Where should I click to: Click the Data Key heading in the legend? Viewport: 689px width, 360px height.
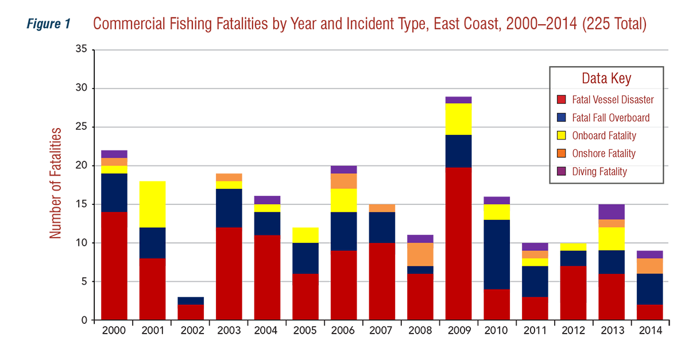point(606,79)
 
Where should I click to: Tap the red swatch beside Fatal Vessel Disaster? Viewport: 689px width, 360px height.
point(562,99)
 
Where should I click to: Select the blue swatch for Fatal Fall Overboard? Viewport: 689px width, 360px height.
point(562,118)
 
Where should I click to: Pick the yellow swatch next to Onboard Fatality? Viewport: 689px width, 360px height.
point(562,136)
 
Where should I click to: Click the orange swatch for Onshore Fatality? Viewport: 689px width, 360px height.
point(562,153)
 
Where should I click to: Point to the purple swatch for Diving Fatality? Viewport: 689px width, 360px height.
point(562,171)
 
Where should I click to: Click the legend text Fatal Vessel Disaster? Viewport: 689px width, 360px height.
point(613,99)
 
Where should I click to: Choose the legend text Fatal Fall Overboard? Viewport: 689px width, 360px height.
point(611,118)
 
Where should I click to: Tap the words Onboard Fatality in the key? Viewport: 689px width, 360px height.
point(604,136)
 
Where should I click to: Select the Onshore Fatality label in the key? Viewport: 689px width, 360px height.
point(604,153)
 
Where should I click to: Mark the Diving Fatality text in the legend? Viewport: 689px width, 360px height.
point(599,171)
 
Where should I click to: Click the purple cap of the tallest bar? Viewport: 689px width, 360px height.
point(458,98)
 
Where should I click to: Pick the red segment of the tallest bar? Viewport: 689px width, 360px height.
point(458,241)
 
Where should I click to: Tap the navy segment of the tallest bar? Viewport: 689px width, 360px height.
point(458,150)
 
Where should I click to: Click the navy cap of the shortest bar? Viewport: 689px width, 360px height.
point(191,297)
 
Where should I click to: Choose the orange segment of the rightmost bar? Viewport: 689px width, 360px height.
point(650,266)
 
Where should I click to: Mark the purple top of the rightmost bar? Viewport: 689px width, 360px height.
point(650,253)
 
